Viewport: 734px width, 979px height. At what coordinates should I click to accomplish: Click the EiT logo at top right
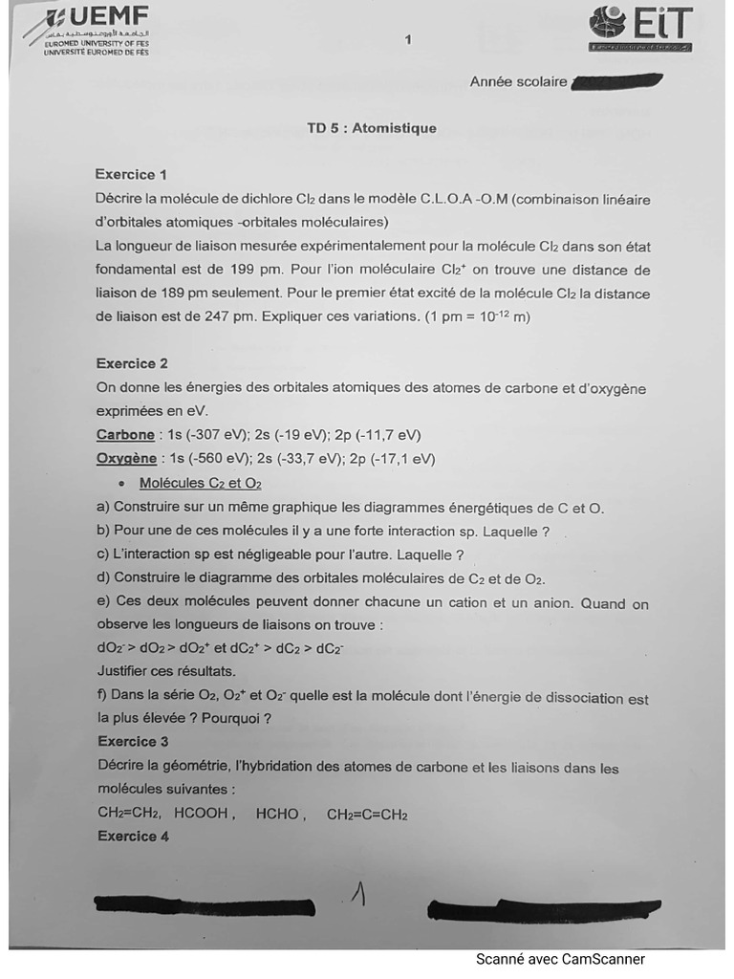click(x=639, y=28)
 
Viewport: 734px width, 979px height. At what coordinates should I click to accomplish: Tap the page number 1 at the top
click(x=408, y=39)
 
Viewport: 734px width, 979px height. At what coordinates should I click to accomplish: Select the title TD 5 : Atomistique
click(x=371, y=128)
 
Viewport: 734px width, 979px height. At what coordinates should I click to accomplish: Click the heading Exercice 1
click(x=131, y=174)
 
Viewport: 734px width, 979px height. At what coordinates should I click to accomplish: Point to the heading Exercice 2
click(x=132, y=363)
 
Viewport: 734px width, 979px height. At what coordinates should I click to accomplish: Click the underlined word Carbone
click(x=125, y=435)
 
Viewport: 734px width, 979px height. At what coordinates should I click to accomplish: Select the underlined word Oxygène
click(x=126, y=459)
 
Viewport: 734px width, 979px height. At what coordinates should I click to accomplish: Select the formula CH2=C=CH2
click(x=367, y=815)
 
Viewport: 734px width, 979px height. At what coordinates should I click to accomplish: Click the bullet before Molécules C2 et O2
click(x=120, y=484)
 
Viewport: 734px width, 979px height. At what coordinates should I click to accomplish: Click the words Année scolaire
click(x=518, y=82)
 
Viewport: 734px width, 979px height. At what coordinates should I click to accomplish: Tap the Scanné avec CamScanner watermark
click(x=560, y=959)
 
